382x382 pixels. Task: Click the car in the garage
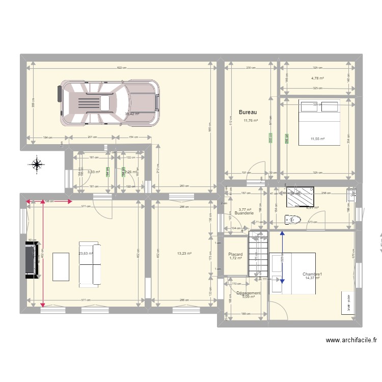pyautogui.click(x=109, y=103)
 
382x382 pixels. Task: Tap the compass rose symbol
pyautogui.click(x=37, y=164)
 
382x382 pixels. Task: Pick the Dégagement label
pyautogui.click(x=249, y=293)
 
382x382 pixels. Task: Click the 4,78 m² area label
pyautogui.click(x=318, y=78)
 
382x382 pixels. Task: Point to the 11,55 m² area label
pyautogui.click(x=318, y=139)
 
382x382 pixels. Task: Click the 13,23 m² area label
pyautogui.click(x=184, y=253)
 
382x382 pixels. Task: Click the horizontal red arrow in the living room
pyautogui.click(x=49, y=202)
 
